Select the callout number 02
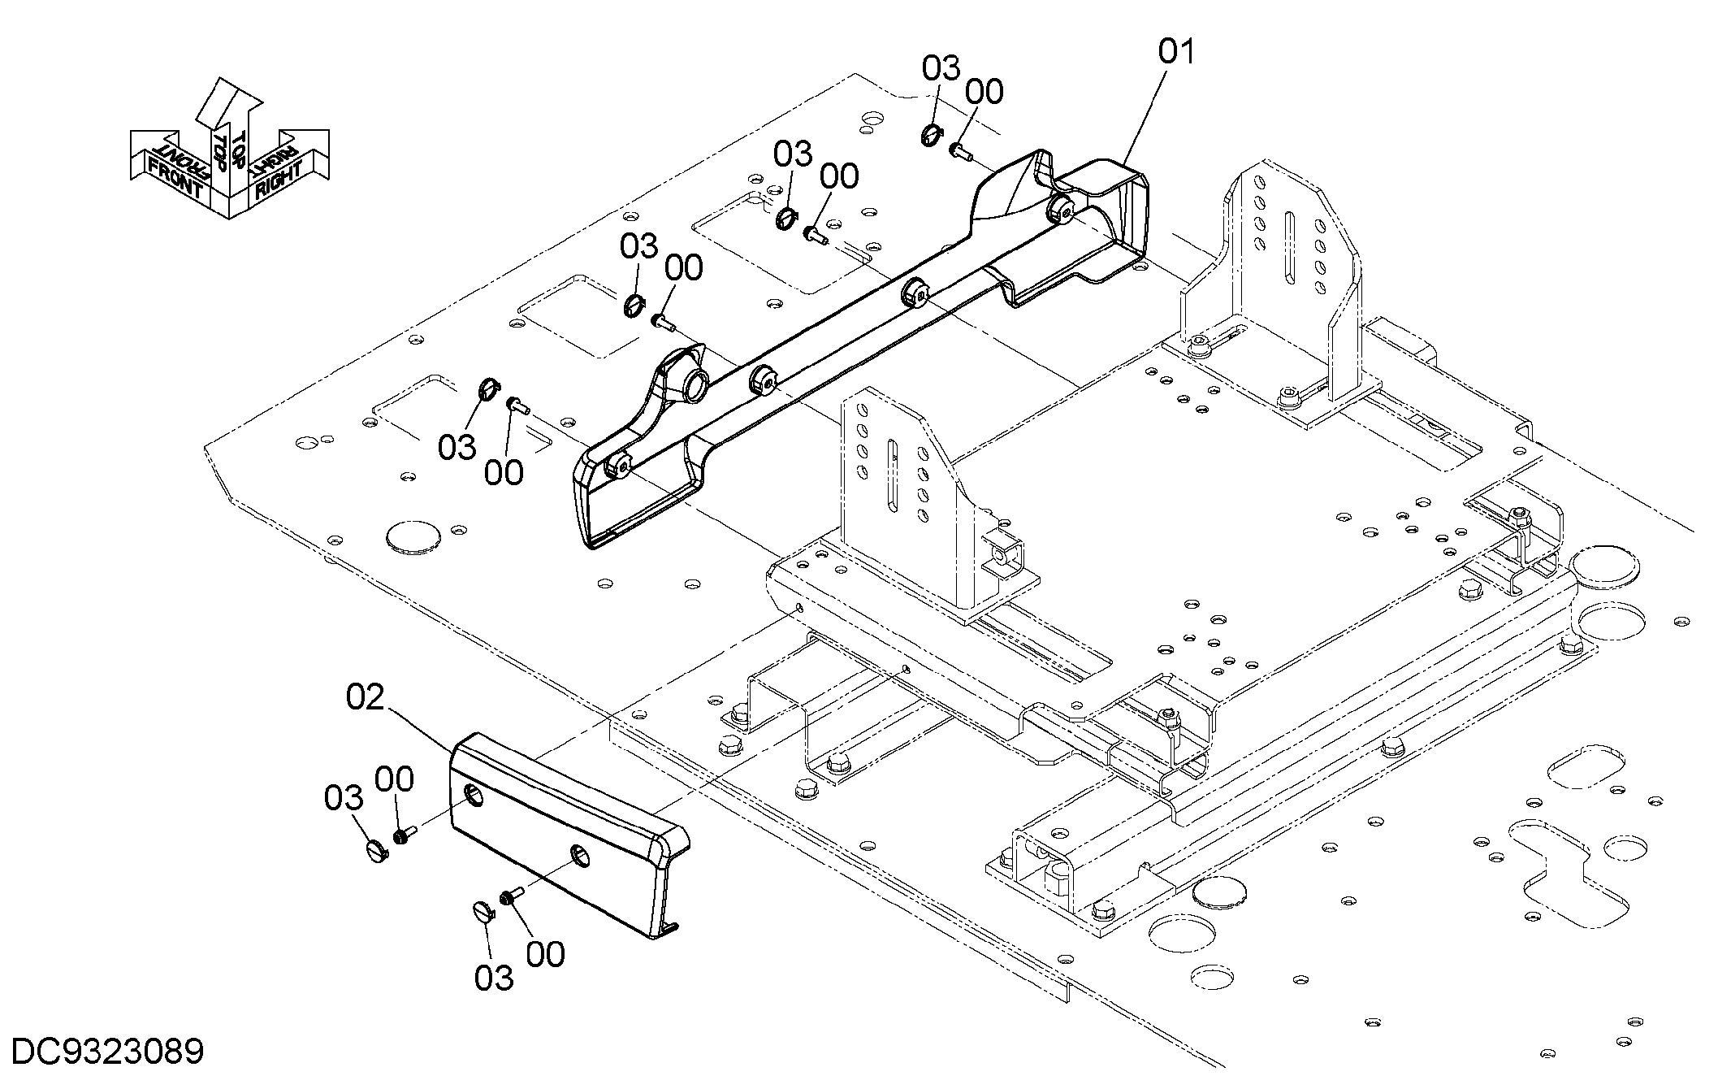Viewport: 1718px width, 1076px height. pos(365,696)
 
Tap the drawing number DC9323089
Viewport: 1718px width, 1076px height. pos(108,1052)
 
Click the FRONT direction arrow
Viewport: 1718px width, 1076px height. pos(175,167)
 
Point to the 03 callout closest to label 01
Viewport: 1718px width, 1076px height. pos(941,68)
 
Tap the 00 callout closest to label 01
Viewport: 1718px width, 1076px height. pos(984,92)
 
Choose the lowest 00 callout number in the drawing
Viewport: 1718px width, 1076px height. pos(545,954)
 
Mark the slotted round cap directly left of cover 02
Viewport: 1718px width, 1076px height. pos(378,852)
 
